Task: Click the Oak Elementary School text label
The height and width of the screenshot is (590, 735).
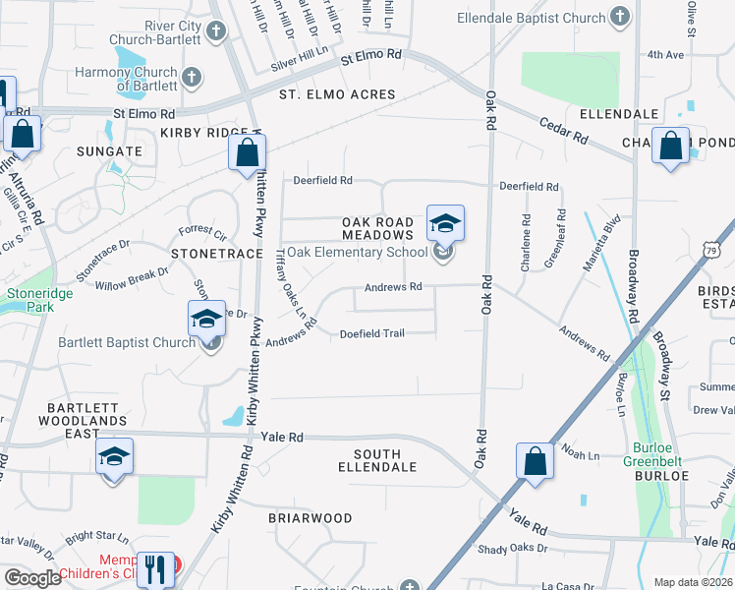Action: coord(358,252)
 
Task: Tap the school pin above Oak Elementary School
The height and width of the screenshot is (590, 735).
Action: coord(445,223)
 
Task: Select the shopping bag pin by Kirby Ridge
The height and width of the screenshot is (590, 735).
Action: coord(247,153)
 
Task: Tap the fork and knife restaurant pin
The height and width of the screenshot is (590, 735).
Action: coord(154,568)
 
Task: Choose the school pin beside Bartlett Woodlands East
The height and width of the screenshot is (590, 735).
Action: coord(114,456)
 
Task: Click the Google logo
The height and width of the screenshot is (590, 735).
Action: coord(31,578)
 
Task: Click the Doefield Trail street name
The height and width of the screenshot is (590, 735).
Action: coord(372,333)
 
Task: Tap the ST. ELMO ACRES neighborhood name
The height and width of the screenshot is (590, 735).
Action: coord(337,95)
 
